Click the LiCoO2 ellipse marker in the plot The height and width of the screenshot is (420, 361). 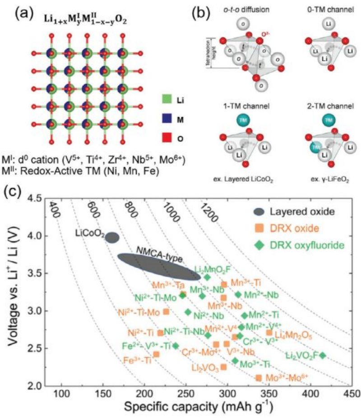[x=112, y=237]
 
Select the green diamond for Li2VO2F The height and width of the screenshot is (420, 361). [x=323, y=355]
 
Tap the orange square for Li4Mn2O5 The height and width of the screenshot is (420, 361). [x=269, y=333]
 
